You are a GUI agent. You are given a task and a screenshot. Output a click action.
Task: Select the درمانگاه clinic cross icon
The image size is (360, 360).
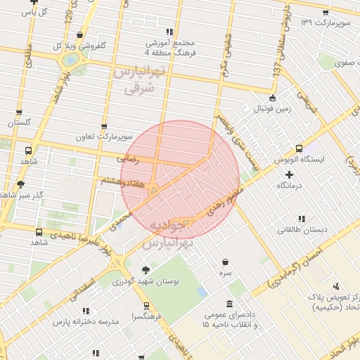(289, 174)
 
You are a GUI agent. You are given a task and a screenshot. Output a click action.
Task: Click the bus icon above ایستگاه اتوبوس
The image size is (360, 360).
(299, 148)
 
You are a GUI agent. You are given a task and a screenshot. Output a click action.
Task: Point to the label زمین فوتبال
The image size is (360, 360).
(272, 109)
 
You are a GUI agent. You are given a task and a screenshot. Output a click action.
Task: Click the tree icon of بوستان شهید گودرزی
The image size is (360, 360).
(146, 269)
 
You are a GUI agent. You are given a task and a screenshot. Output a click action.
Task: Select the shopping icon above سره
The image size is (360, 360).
(224, 262)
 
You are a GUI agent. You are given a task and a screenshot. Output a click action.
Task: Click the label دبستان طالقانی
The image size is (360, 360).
(301, 229)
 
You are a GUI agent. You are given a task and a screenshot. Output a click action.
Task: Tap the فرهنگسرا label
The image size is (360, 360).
(146, 316)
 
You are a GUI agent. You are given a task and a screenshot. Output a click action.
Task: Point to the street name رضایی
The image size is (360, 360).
(128, 160)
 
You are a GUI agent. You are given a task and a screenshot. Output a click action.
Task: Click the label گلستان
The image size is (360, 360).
(19, 122)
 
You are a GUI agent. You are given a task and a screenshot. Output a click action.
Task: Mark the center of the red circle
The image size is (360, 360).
(180, 180)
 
